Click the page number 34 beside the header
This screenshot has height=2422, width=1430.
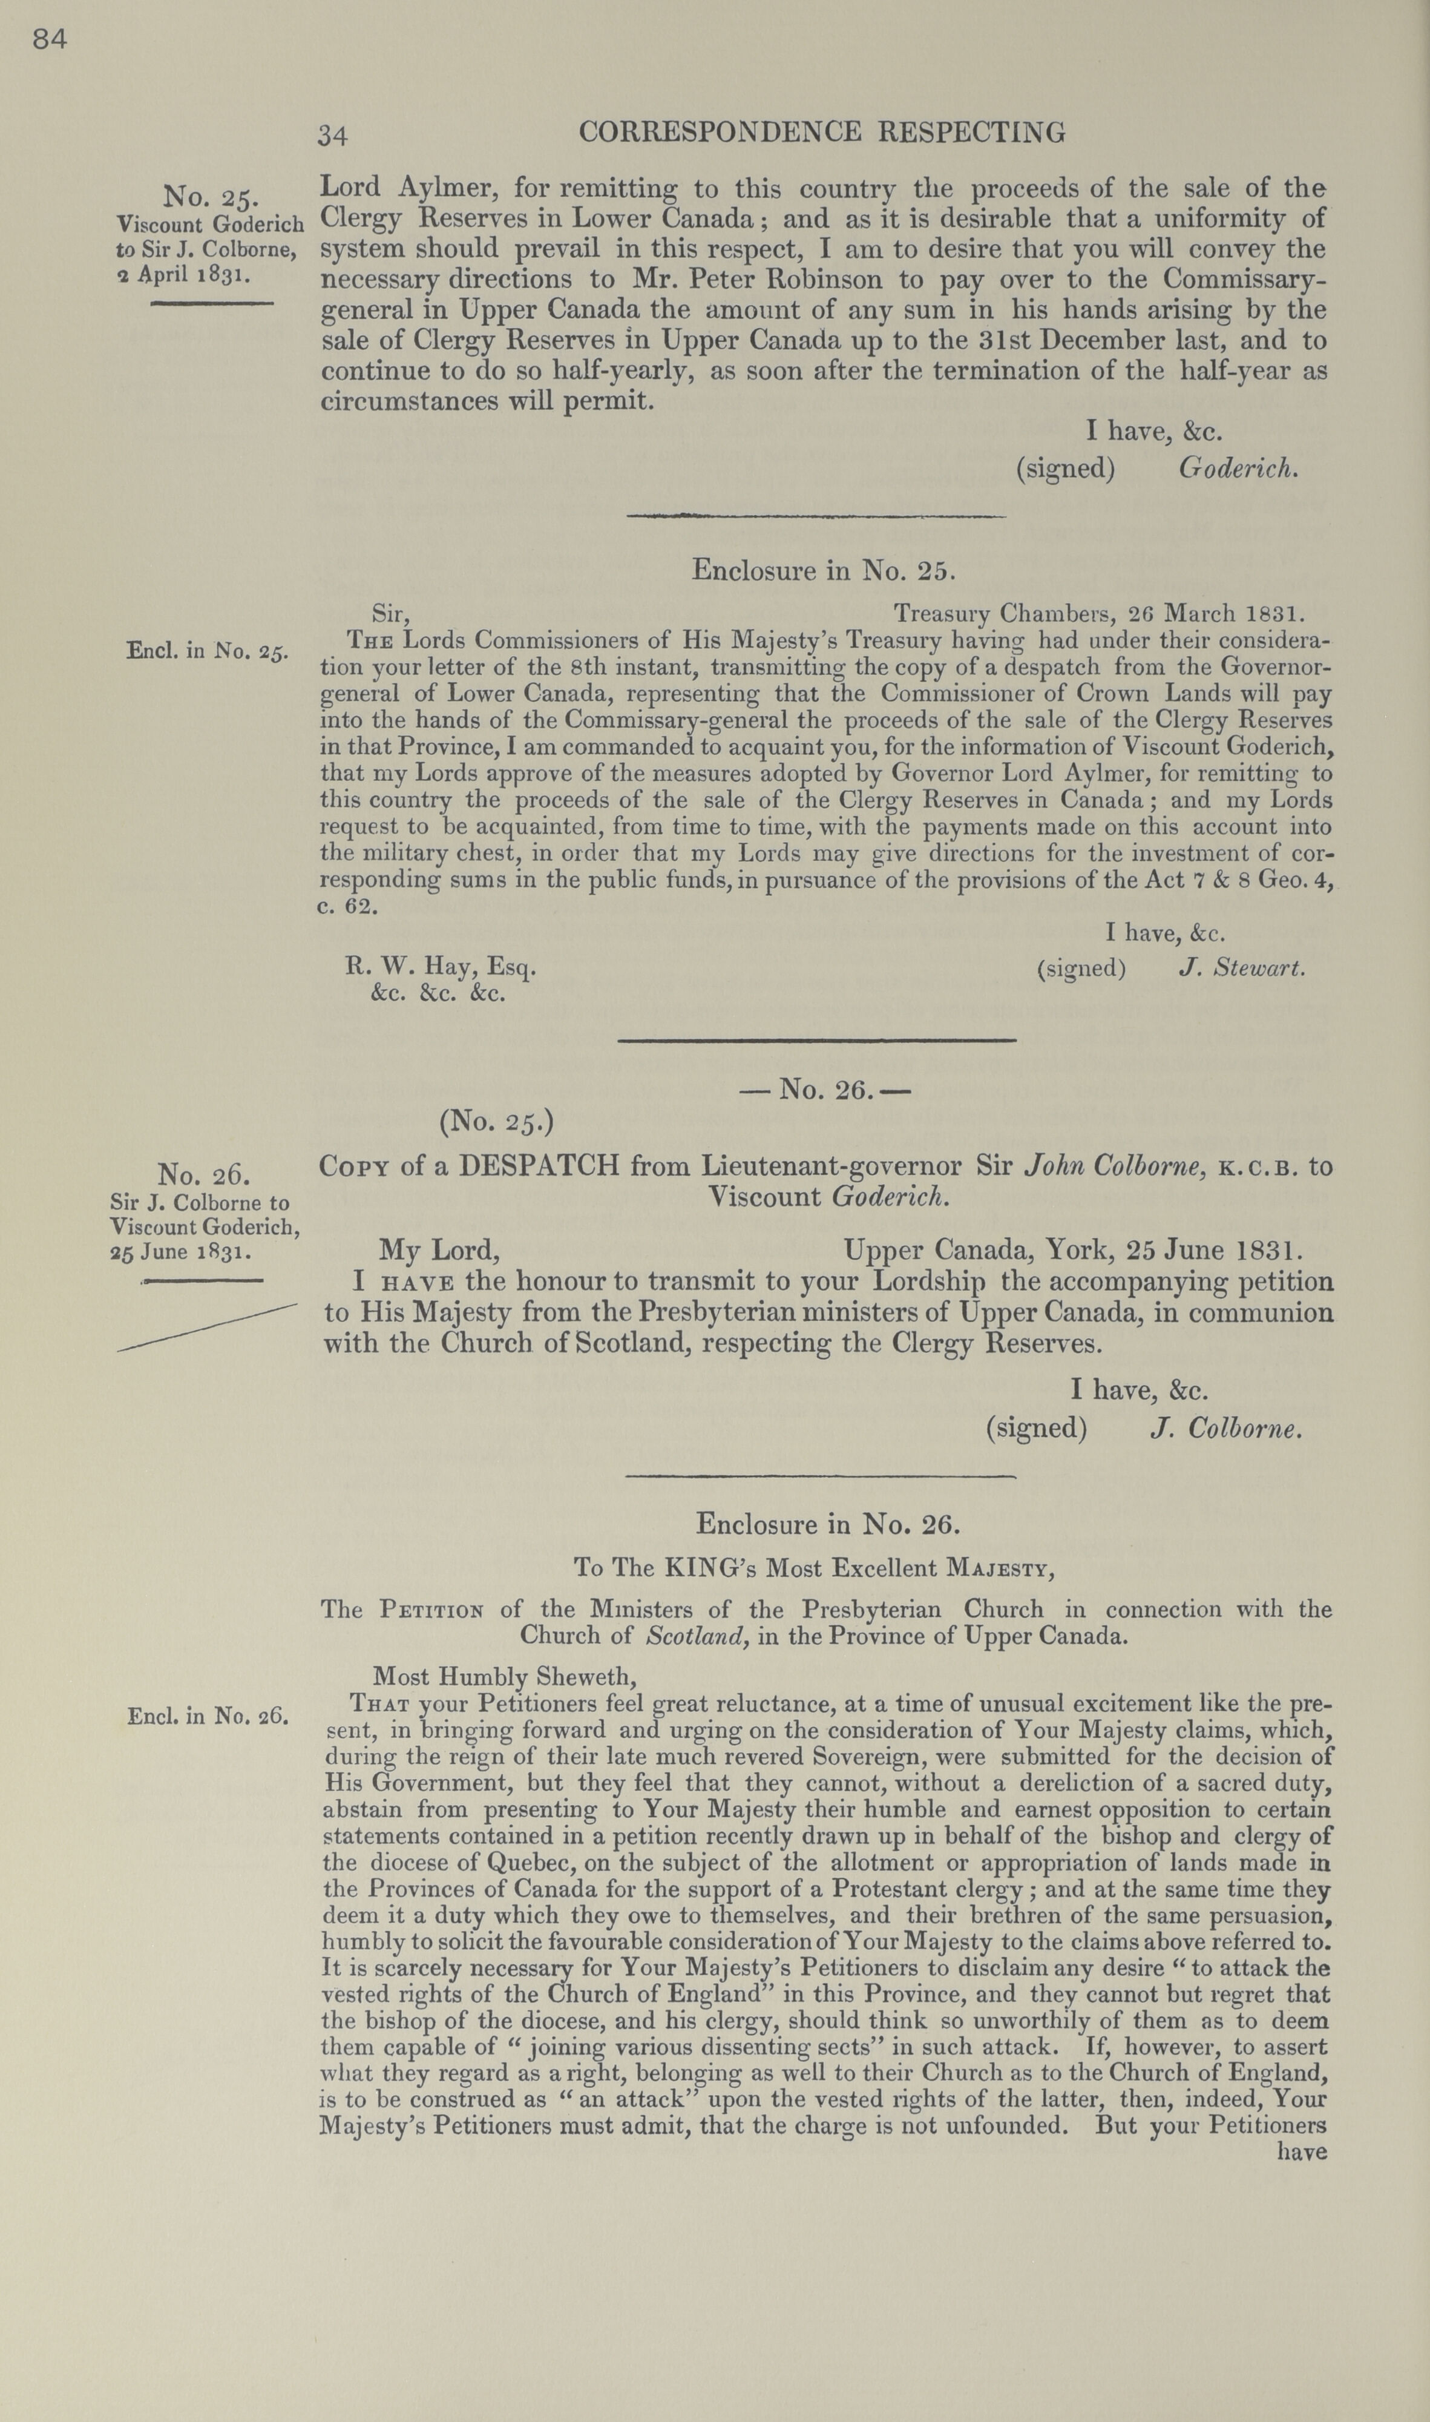[332, 136]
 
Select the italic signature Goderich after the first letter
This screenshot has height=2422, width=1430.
[1238, 469]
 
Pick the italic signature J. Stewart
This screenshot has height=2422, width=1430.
[1242, 967]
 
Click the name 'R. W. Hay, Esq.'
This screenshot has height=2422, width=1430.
[441, 967]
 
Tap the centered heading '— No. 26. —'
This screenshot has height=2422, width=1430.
[825, 1090]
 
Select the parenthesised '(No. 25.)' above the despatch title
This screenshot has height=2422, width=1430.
[496, 1122]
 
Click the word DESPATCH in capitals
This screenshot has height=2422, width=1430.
[539, 1166]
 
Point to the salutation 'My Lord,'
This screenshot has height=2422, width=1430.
[439, 1251]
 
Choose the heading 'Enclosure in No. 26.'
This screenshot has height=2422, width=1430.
[828, 1524]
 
